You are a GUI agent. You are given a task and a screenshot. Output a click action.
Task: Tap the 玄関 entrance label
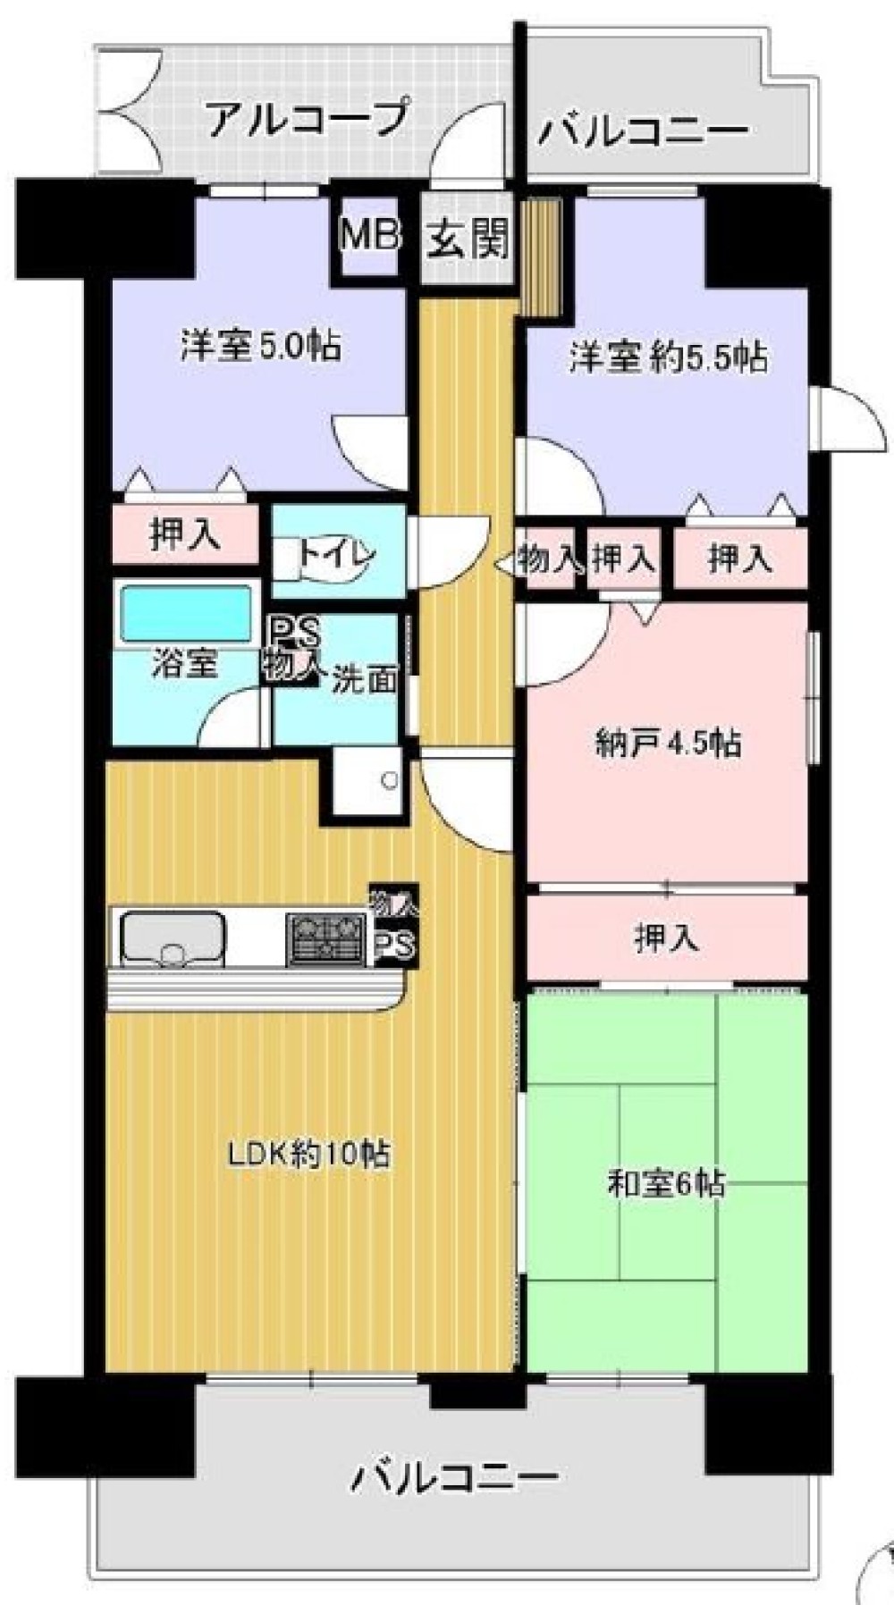point(467,239)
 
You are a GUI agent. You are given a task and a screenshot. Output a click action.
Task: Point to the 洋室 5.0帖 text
point(260,345)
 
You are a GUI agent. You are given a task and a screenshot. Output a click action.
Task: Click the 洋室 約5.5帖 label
point(668,357)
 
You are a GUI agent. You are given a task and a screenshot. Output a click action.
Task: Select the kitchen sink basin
point(173,937)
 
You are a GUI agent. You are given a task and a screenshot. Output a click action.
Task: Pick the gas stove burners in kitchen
point(325,939)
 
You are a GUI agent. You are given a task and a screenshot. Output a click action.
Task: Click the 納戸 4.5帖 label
point(667,743)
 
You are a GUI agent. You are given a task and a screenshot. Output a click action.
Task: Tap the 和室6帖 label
point(666,1184)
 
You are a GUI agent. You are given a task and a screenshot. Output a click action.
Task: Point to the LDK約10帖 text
point(308,1154)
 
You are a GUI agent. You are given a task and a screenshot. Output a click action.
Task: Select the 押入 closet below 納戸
point(666,937)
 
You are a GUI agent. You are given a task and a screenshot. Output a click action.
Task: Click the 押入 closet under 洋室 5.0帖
point(184,534)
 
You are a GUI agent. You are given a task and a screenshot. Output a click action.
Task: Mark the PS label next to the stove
point(394,945)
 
